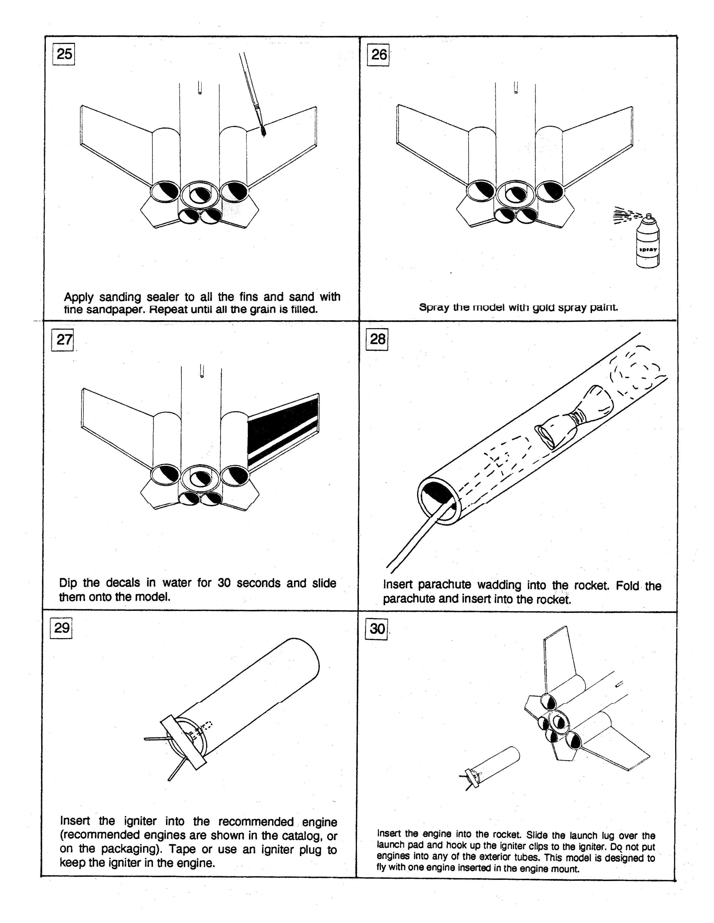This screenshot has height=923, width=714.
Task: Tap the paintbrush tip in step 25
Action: [x=263, y=131]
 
